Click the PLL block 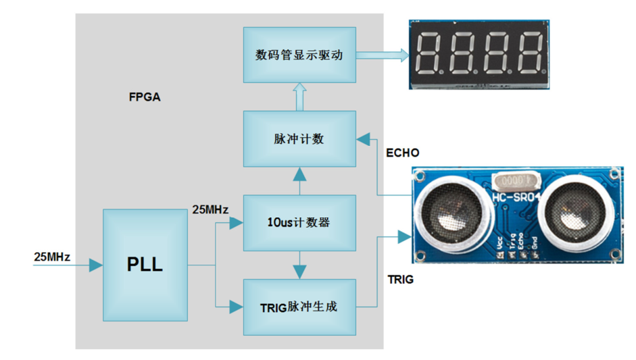pos(145,265)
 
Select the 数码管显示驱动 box pos(299,55)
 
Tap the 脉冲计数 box pos(299,138)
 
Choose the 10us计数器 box pos(299,222)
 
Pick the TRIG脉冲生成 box pos(299,307)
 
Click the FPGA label pos(145,97)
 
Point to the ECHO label pos(402,153)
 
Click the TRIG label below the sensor pos(401,279)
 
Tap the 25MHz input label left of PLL pos(52,257)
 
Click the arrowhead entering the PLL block pos(96,265)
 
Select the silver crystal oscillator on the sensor pos(517,181)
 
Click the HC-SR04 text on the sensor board pos(516,197)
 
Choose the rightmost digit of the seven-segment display pos(529,54)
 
